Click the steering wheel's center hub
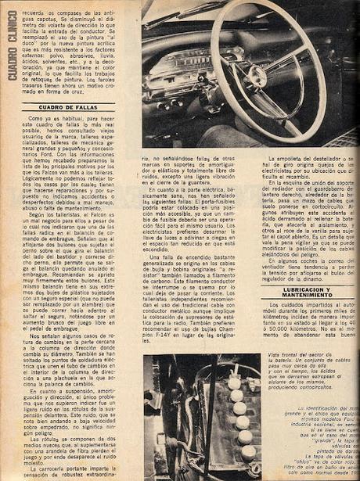tap(255, 76)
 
